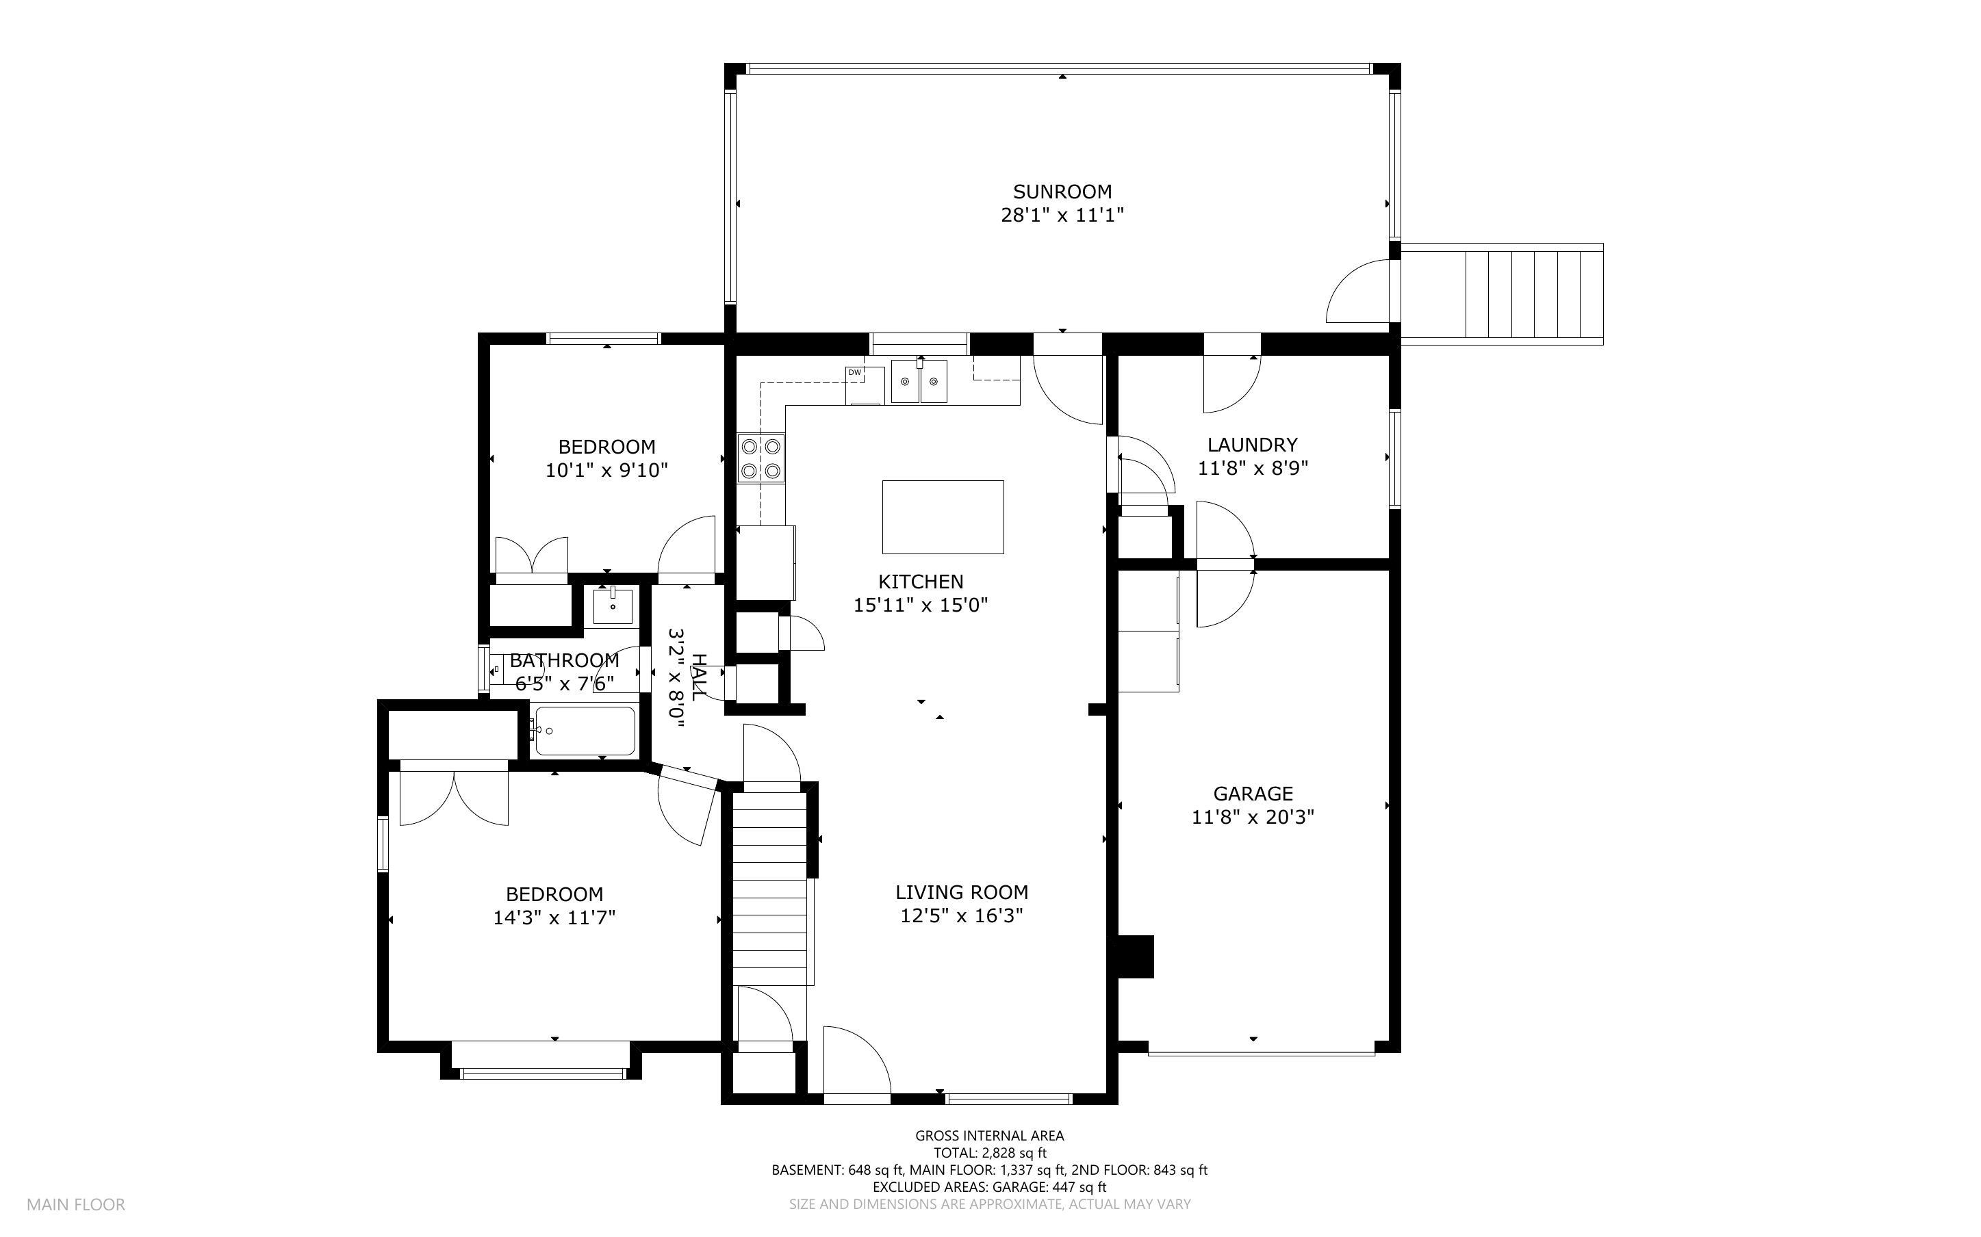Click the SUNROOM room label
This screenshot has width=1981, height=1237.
click(x=1062, y=192)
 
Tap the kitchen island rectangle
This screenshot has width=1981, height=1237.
click(x=943, y=517)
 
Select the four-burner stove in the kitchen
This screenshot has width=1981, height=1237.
click(x=761, y=458)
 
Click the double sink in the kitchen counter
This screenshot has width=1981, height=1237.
click(x=919, y=381)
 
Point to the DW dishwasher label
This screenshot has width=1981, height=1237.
click(x=855, y=373)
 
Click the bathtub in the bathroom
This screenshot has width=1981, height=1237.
click(x=584, y=731)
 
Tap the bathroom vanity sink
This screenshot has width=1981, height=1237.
click(x=613, y=606)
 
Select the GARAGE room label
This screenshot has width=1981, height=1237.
click(x=1253, y=794)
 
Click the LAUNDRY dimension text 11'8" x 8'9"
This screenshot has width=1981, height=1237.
click(x=1253, y=469)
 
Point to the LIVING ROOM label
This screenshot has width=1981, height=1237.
click(x=962, y=893)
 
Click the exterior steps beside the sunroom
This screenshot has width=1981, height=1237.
click(x=1502, y=294)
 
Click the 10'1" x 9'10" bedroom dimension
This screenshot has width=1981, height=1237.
click(x=607, y=471)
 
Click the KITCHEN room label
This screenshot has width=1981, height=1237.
click(x=921, y=582)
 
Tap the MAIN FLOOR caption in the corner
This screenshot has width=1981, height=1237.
click(x=76, y=1204)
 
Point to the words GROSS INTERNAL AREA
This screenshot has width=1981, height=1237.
click(x=989, y=1136)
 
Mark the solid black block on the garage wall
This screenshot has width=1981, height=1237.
click(x=1136, y=956)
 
